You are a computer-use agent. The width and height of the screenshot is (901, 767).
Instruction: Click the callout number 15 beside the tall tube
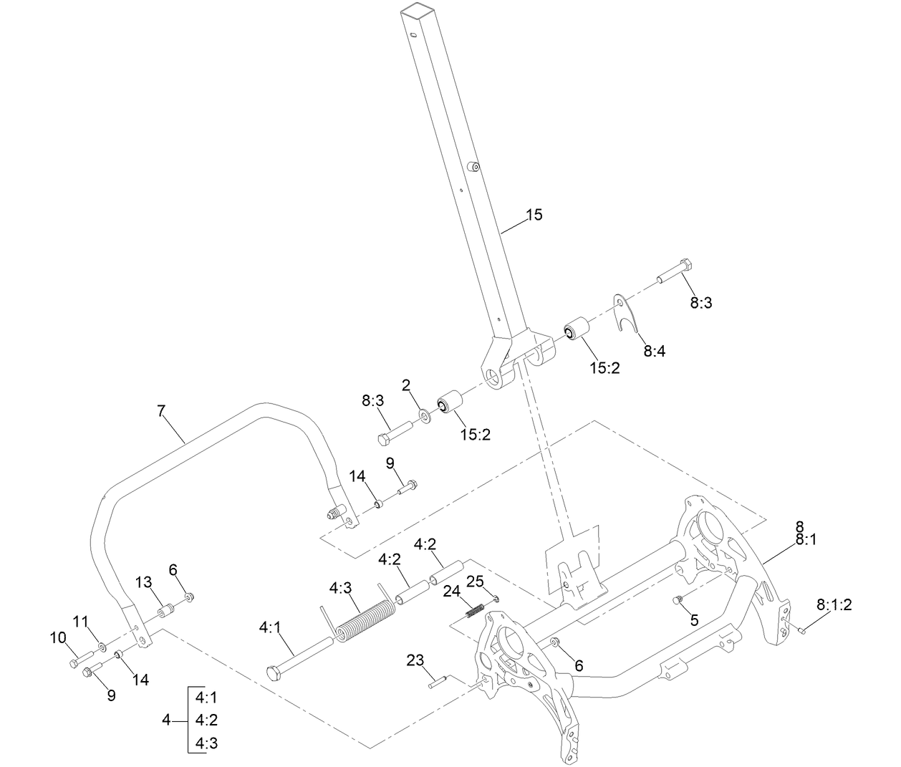(534, 214)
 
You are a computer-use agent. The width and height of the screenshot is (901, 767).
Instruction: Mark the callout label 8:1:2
(834, 604)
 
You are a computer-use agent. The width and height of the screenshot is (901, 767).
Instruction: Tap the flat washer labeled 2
(424, 413)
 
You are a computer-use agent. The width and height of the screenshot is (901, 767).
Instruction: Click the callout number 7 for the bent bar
(161, 410)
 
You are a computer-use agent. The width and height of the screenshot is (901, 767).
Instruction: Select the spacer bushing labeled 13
(165, 611)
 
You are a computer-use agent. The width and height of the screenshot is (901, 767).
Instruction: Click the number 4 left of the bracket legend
(166, 720)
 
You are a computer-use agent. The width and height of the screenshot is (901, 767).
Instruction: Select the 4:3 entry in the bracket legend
(206, 743)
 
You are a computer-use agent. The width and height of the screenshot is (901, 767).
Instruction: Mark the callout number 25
(476, 580)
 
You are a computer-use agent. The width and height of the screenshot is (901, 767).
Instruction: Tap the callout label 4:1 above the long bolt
(270, 627)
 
